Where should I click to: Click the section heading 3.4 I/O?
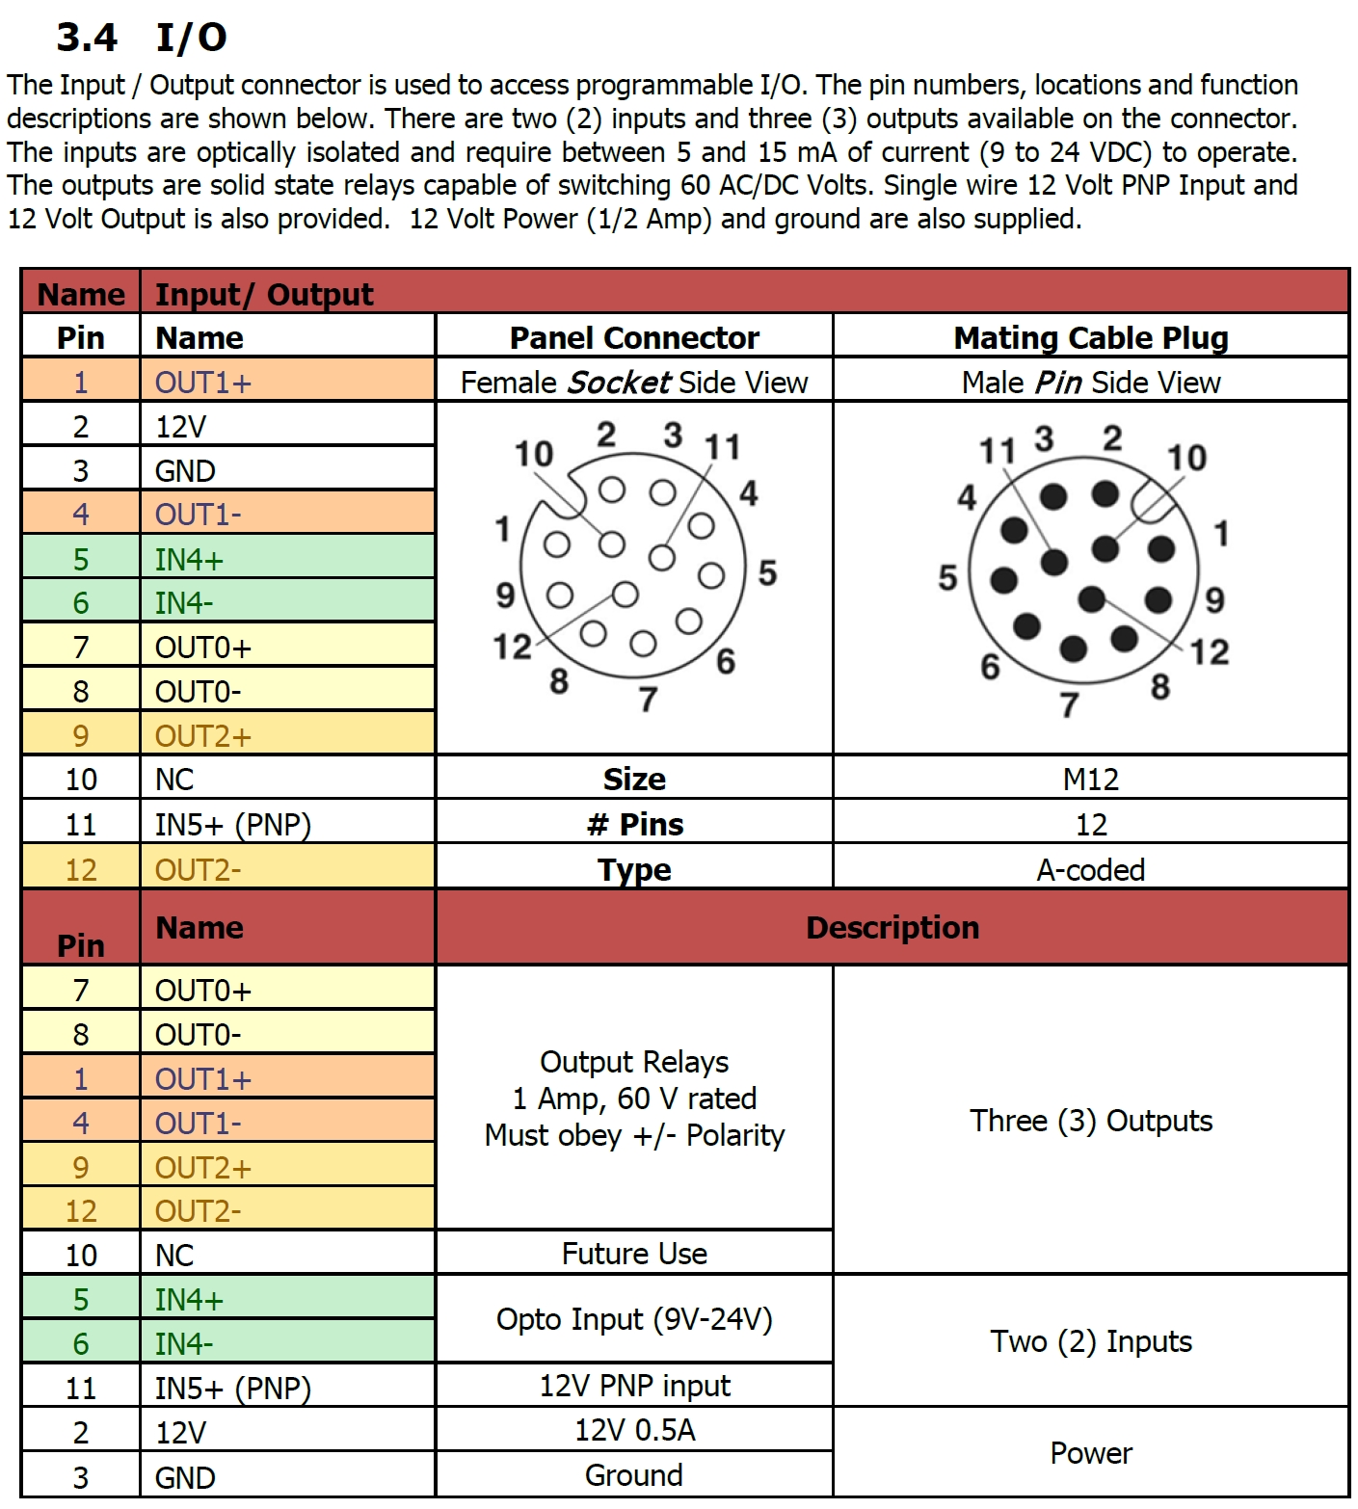pyautogui.click(x=142, y=38)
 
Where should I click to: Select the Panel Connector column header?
pyautogui.click(x=634, y=337)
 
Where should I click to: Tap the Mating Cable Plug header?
pyautogui.click(x=1090, y=337)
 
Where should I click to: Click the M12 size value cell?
pyautogui.click(x=1090, y=779)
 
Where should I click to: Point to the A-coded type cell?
pyautogui.click(x=1090, y=869)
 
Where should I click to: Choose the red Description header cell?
pyautogui.click(x=892, y=927)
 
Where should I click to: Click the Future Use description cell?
pyautogui.click(x=634, y=1254)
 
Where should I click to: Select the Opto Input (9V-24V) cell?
pyautogui.click(x=634, y=1319)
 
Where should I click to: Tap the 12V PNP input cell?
pyautogui.click(x=634, y=1386)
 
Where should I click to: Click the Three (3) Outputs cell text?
pyautogui.click(x=1090, y=1121)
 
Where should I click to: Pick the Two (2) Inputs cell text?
pyautogui.click(x=1090, y=1341)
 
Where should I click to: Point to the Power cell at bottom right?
pyautogui.click(x=1090, y=1453)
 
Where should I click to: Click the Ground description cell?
pyautogui.click(x=634, y=1475)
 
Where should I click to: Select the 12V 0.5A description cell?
pyautogui.click(x=634, y=1430)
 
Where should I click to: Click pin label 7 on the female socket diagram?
pyautogui.click(x=648, y=699)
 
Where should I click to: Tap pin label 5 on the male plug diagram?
pyautogui.click(x=947, y=577)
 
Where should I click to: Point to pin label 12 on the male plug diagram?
pyautogui.click(x=1209, y=652)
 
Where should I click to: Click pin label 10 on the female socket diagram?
pyautogui.click(x=533, y=453)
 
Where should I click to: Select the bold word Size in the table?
pyautogui.click(x=634, y=779)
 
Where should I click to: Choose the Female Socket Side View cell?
pyautogui.click(x=634, y=383)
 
